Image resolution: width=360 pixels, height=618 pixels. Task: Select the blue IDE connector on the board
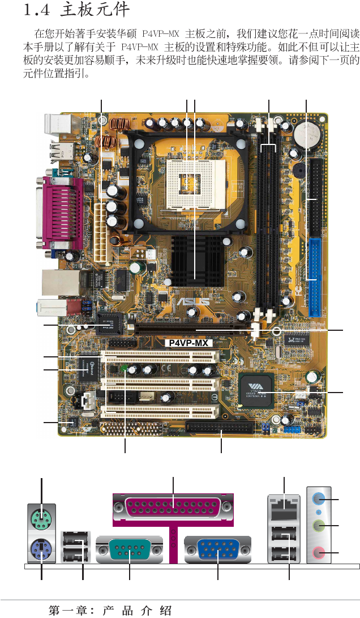pyautogui.click(x=315, y=277)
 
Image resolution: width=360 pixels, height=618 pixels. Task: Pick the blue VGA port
pyautogui.click(x=218, y=549)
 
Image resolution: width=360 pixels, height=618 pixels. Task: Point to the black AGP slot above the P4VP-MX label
pyautogui.click(x=192, y=330)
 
